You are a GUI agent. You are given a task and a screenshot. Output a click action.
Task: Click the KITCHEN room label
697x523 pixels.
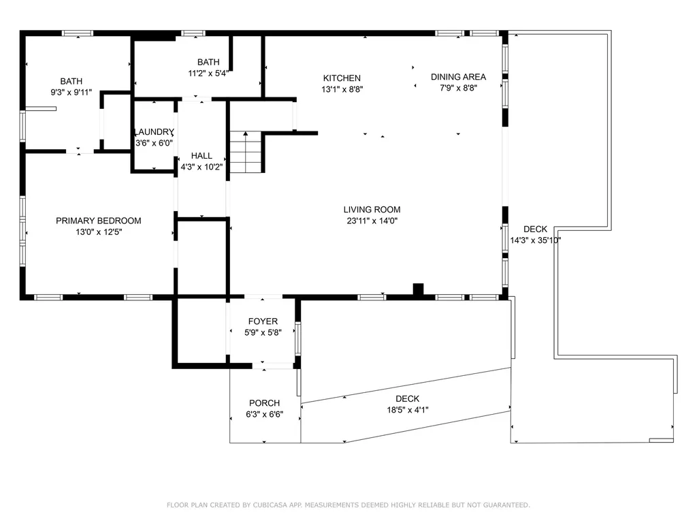click(x=342, y=78)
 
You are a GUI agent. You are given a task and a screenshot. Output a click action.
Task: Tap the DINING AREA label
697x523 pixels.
click(x=458, y=77)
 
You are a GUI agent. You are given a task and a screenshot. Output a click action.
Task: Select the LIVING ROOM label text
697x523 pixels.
click(x=372, y=210)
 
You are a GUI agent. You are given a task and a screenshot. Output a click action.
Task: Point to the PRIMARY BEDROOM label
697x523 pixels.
click(x=99, y=221)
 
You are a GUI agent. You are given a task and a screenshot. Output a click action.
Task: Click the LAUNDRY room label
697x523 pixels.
click(x=155, y=132)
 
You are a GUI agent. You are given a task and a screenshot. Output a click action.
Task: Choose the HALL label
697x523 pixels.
click(x=201, y=156)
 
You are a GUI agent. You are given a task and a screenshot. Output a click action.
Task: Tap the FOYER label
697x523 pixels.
click(x=263, y=321)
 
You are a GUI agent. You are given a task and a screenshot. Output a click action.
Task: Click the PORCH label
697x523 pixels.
click(x=265, y=403)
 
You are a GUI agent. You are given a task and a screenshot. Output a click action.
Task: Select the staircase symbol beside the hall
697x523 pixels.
click(x=245, y=152)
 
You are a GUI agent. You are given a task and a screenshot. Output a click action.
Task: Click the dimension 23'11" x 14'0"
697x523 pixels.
click(x=372, y=221)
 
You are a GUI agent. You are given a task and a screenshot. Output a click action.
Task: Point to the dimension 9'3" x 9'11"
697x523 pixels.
click(x=71, y=93)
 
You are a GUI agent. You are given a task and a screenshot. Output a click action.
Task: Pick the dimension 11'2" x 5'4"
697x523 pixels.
click(x=208, y=74)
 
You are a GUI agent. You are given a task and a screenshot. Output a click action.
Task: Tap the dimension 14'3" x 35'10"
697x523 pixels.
click(x=535, y=240)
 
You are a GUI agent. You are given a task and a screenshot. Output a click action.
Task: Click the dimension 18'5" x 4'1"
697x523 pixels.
click(x=408, y=410)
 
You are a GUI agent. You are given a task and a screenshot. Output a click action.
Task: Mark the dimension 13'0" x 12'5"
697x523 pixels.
click(x=99, y=232)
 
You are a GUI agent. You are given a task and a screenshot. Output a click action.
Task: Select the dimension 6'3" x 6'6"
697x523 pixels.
click(x=265, y=415)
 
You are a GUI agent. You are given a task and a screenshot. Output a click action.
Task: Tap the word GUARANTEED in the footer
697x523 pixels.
click(x=504, y=505)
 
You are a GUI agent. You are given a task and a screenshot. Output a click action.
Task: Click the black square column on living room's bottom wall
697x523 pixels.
click(x=419, y=289)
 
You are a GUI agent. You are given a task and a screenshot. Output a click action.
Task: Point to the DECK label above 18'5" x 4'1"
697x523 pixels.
click(x=408, y=398)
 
